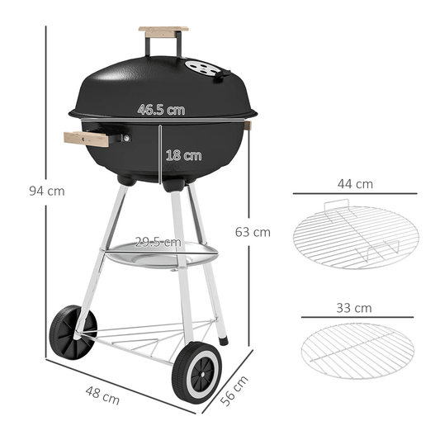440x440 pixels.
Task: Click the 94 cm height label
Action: tap(45, 192)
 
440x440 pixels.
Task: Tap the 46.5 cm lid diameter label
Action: tap(161, 109)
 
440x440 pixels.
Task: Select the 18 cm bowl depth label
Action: tap(182, 154)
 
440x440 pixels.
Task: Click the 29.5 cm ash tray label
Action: tap(158, 242)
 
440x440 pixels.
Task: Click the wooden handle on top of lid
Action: tap(163, 31)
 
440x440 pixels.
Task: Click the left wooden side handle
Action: tap(88, 139)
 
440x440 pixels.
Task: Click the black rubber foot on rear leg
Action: tap(224, 338)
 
